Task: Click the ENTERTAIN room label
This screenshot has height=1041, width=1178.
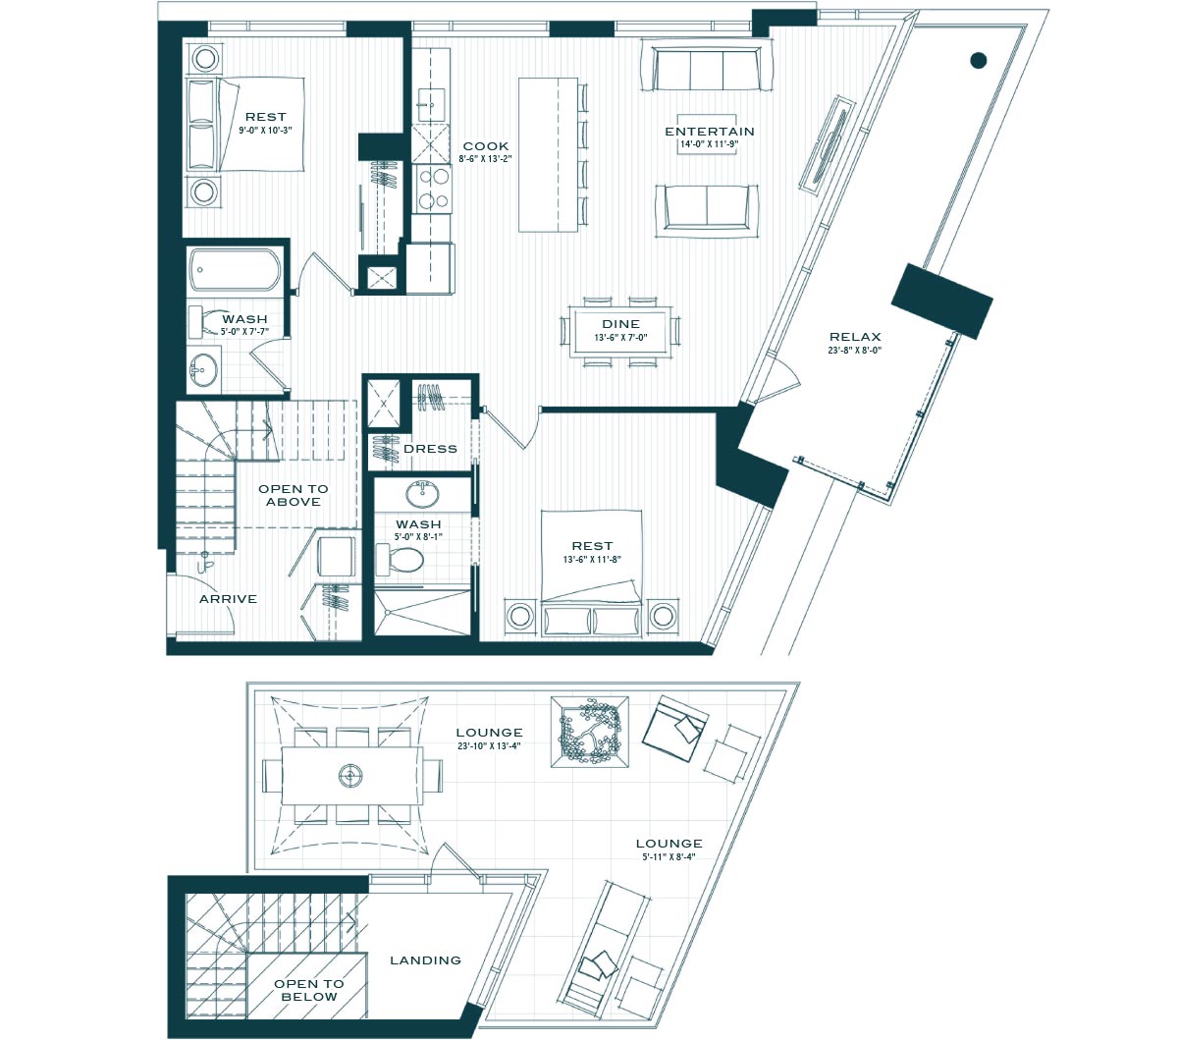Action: (x=710, y=132)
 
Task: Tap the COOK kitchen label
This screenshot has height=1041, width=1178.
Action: (x=486, y=146)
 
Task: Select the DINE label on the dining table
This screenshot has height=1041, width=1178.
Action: (x=621, y=324)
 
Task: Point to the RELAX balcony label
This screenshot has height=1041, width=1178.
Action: (x=855, y=337)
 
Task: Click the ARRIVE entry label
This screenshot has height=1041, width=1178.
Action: (x=228, y=599)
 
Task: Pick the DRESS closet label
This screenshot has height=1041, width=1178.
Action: (x=430, y=449)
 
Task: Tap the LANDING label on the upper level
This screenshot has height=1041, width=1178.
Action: (x=426, y=960)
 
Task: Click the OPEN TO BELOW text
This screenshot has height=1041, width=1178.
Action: (x=309, y=990)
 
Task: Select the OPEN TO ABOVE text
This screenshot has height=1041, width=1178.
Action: (x=294, y=495)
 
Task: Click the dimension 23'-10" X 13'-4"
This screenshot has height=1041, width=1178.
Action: (x=489, y=746)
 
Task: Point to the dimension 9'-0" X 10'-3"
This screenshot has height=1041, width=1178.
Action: (x=265, y=131)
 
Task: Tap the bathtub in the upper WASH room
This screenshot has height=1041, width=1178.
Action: (x=235, y=270)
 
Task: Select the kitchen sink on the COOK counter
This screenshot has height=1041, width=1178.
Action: (x=431, y=105)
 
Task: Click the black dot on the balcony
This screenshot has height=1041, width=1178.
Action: (x=979, y=60)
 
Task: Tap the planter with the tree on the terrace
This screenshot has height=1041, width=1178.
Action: (x=590, y=732)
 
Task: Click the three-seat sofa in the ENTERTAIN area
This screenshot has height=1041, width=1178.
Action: (x=707, y=68)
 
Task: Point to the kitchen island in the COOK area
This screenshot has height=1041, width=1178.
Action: (x=548, y=155)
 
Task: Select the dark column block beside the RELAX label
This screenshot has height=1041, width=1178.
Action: (x=942, y=301)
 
